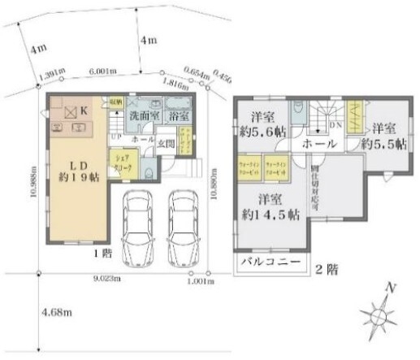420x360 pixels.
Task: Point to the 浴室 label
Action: (176, 117)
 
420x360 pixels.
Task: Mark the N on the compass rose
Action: (392, 288)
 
